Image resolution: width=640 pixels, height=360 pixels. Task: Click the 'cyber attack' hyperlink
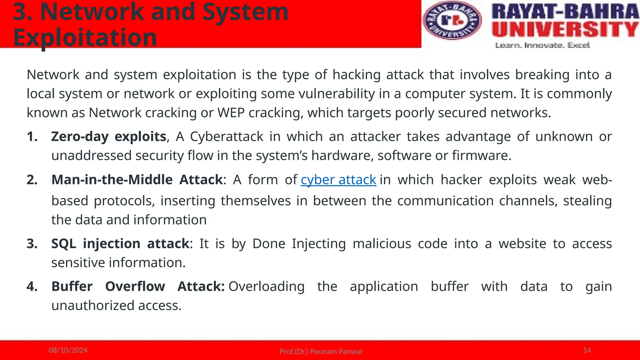pos(338,180)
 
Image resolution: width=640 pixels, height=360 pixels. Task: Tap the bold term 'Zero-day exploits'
pos(108,137)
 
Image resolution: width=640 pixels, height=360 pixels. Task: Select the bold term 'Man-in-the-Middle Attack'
pos(137,180)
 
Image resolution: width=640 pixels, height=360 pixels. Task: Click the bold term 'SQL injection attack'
pos(120,243)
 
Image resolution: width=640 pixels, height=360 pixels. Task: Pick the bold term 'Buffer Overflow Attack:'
pos(138,286)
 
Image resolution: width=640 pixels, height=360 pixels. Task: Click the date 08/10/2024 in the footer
pos(68,350)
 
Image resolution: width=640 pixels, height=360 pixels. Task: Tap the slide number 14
pos(587,350)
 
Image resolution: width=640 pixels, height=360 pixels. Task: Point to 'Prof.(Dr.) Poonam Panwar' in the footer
pos(321,352)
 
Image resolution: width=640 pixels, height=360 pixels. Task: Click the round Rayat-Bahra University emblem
pos(452,21)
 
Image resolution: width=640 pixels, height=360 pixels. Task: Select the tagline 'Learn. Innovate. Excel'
pos(542,45)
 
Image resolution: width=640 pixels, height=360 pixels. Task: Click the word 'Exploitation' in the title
pos(85,37)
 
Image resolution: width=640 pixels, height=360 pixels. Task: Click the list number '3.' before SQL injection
pos(32,243)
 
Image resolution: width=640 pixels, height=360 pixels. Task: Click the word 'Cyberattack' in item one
pos(227,137)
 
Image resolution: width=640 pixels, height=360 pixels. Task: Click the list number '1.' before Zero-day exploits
pos(32,137)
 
